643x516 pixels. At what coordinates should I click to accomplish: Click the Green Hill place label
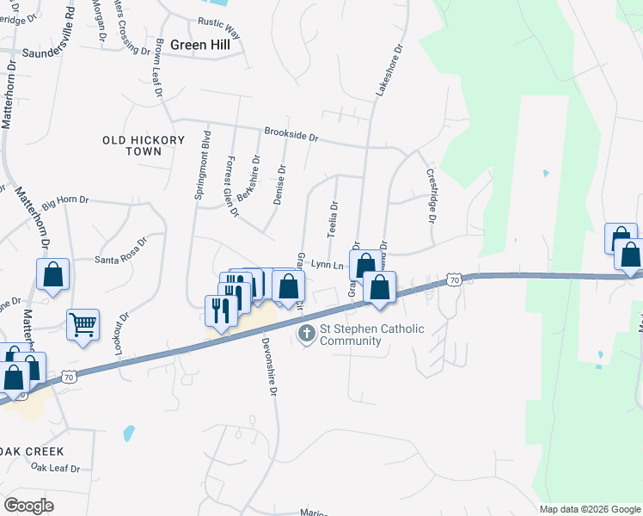coord(200,46)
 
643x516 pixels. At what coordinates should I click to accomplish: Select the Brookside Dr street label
coord(291,136)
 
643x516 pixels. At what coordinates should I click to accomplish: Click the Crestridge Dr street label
coord(432,193)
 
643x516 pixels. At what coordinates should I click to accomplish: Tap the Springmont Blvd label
coord(204,165)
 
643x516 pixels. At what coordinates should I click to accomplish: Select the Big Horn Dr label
coord(64,200)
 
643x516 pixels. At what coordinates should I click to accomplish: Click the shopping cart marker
coord(83,325)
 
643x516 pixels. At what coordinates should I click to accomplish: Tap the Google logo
coord(28,505)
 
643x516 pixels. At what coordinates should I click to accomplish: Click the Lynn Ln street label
coord(327,266)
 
